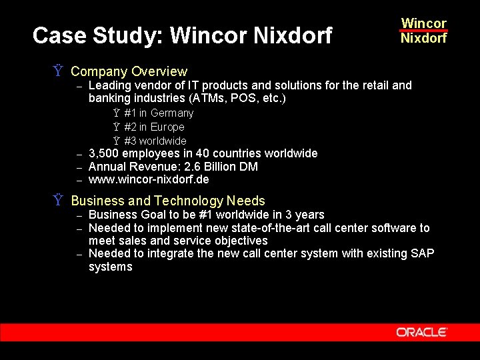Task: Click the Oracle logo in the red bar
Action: [x=421, y=332]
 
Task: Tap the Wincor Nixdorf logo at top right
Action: [x=423, y=31]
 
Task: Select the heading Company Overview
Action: [x=129, y=71]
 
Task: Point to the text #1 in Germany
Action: [x=159, y=113]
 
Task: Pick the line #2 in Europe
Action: [x=154, y=127]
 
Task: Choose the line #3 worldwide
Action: [x=155, y=141]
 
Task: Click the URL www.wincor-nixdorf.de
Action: [x=149, y=180]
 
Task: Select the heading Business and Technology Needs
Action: [x=168, y=201]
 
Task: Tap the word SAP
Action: [x=422, y=253]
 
